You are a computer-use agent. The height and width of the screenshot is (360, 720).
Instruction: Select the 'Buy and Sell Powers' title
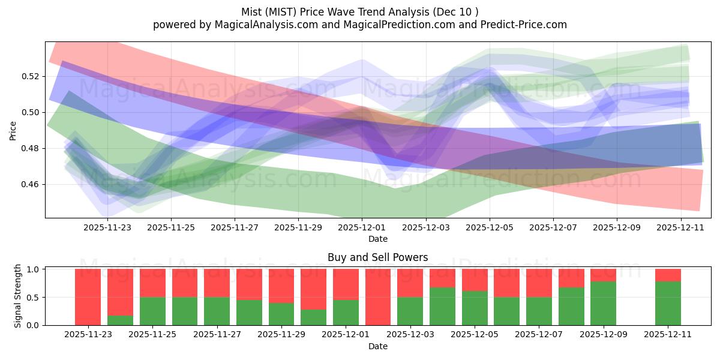point(377,257)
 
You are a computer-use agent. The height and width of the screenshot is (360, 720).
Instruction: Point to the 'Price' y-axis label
point(13,130)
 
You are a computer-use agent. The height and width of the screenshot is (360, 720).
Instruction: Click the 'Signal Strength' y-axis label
point(18,296)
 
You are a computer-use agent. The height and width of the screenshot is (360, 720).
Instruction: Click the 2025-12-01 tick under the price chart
point(362,228)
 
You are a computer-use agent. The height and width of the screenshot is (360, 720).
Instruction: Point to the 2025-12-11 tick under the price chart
point(680,228)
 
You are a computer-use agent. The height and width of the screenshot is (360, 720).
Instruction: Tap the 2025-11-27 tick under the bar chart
point(217,335)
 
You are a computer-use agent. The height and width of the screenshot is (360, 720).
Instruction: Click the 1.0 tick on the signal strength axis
point(34,269)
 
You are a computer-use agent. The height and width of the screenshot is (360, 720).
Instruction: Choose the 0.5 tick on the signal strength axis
point(34,297)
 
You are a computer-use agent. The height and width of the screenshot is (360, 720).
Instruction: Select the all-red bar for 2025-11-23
point(88,297)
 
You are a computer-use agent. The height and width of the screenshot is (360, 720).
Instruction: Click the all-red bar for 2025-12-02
point(378,297)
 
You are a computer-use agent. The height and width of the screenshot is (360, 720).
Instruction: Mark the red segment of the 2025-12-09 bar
point(603,275)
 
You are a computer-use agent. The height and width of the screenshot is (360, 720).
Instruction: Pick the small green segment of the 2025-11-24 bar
point(120,320)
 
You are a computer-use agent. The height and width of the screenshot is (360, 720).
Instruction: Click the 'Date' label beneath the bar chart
point(377,346)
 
